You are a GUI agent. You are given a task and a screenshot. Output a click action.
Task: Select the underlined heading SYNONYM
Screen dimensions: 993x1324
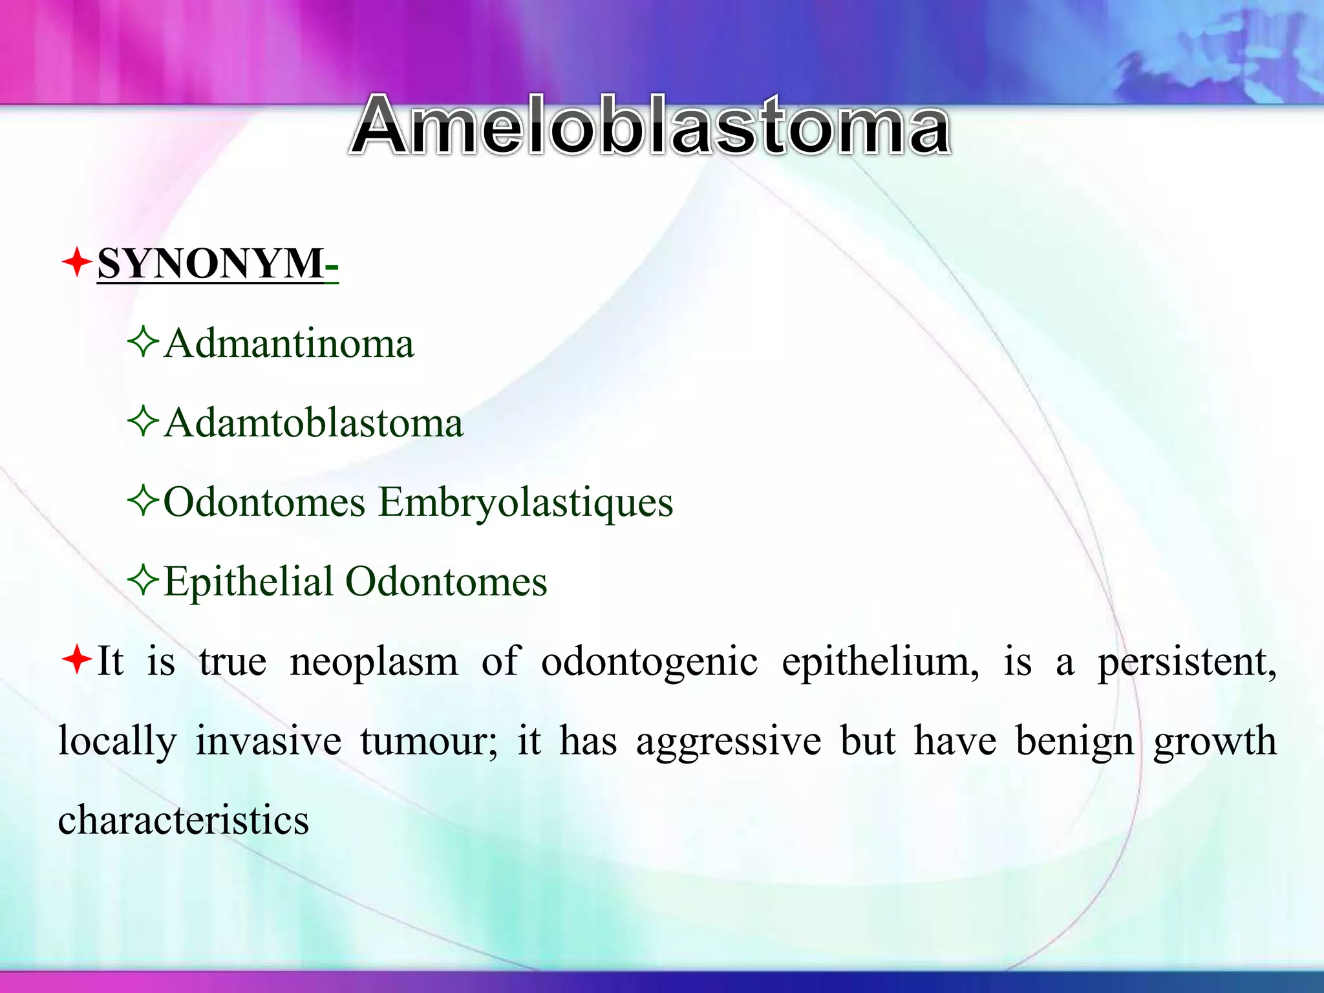click(x=211, y=264)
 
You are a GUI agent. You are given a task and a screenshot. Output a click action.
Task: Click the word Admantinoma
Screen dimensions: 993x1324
click(x=289, y=343)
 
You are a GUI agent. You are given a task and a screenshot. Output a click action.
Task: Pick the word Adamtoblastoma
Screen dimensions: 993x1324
click(x=314, y=423)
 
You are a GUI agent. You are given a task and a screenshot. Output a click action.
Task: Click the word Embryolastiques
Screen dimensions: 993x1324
click(x=525, y=502)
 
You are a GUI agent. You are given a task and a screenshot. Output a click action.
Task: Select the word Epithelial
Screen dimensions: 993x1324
click(x=249, y=581)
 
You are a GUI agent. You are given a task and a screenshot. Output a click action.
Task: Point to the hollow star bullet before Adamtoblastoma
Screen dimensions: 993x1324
click(x=143, y=422)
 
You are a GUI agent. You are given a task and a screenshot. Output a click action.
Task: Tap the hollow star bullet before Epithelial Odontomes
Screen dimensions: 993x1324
click(x=143, y=580)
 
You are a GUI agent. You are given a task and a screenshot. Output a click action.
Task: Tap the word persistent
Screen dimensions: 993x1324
click(x=1187, y=662)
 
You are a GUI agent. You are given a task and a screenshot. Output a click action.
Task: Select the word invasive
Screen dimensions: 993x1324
click(x=268, y=741)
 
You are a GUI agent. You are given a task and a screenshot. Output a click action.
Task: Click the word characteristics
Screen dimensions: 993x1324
click(x=184, y=820)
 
